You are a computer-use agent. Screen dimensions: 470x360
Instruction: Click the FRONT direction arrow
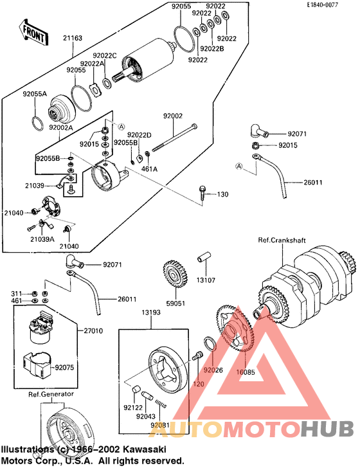tap(33, 33)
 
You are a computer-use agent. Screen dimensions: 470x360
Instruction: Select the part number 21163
tap(73, 39)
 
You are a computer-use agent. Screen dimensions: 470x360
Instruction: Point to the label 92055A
tap(35, 94)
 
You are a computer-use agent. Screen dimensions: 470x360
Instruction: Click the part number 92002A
tap(61, 128)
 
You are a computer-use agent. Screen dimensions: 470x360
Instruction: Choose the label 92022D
tap(139, 135)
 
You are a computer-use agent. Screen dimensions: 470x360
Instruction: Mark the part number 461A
tap(149, 168)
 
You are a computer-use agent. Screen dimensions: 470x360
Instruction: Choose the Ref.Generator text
tap(50, 393)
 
